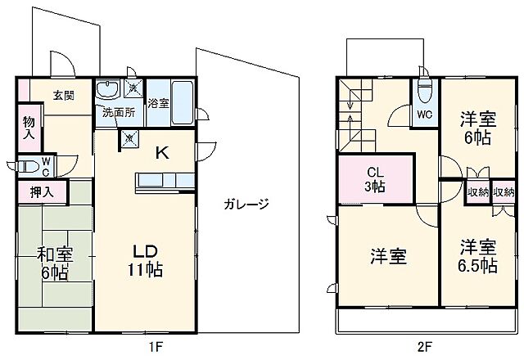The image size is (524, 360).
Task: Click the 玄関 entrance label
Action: pos(64,96)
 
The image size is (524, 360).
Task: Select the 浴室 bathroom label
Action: pos(158,104)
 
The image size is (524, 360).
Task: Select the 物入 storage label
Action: pos(28,127)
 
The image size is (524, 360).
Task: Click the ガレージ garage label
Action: pos(245,205)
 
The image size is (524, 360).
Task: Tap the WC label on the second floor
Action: pos(424,115)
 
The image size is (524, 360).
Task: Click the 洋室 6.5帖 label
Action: pos(478,254)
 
